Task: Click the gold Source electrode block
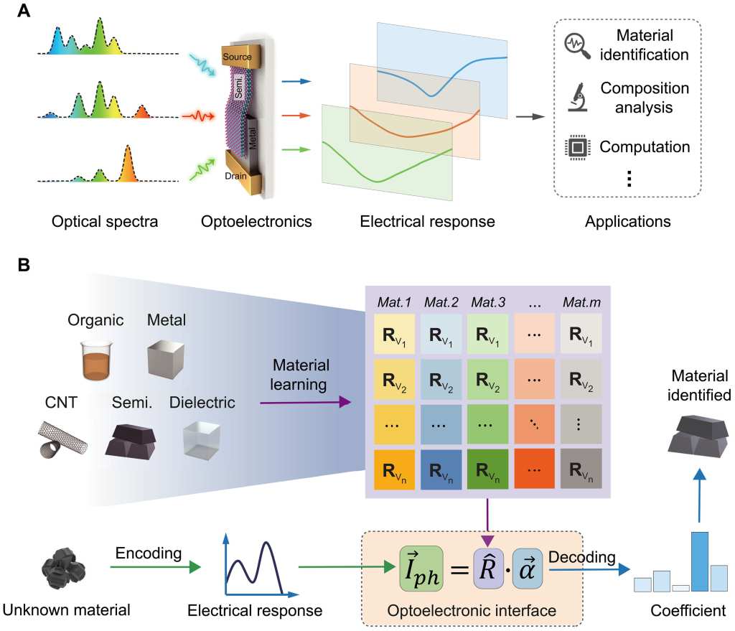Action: click(x=240, y=56)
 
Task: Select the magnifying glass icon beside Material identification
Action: click(x=577, y=46)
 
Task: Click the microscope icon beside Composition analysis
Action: click(x=578, y=97)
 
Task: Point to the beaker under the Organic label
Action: click(x=97, y=360)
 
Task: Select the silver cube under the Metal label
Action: click(x=166, y=359)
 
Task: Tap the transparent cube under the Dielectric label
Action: click(x=202, y=440)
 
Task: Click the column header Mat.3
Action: click(x=488, y=302)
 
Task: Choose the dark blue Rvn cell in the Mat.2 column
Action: click(x=441, y=469)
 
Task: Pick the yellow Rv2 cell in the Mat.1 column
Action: click(x=394, y=379)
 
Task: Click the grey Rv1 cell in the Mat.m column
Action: click(x=581, y=334)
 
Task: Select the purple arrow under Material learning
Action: click(x=305, y=402)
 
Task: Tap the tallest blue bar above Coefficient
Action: click(x=700, y=561)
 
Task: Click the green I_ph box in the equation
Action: click(x=421, y=568)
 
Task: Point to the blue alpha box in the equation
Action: click(x=528, y=568)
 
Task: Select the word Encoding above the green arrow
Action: click(x=149, y=553)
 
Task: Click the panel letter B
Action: click(x=24, y=265)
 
